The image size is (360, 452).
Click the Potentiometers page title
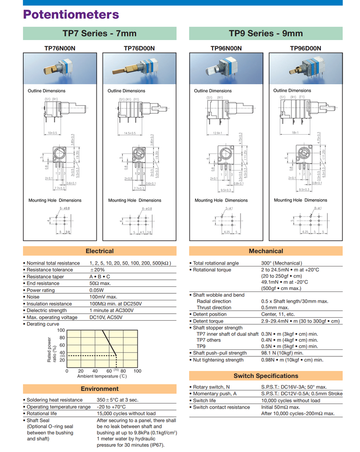[71, 14]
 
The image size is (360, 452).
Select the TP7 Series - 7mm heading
[100, 33]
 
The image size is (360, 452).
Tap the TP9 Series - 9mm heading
[266, 33]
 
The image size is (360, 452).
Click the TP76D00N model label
[139, 48]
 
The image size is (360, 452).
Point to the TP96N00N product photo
[226, 69]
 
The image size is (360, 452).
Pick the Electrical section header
[100, 251]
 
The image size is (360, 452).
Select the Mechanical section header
[266, 251]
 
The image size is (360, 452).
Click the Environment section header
[100, 389]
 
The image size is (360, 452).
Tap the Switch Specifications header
[266, 376]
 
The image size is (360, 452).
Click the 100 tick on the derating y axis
[61, 331]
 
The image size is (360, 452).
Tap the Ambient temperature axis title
[102, 376]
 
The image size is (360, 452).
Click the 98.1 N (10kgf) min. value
[282, 353]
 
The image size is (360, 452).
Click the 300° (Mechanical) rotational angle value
[281, 263]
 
